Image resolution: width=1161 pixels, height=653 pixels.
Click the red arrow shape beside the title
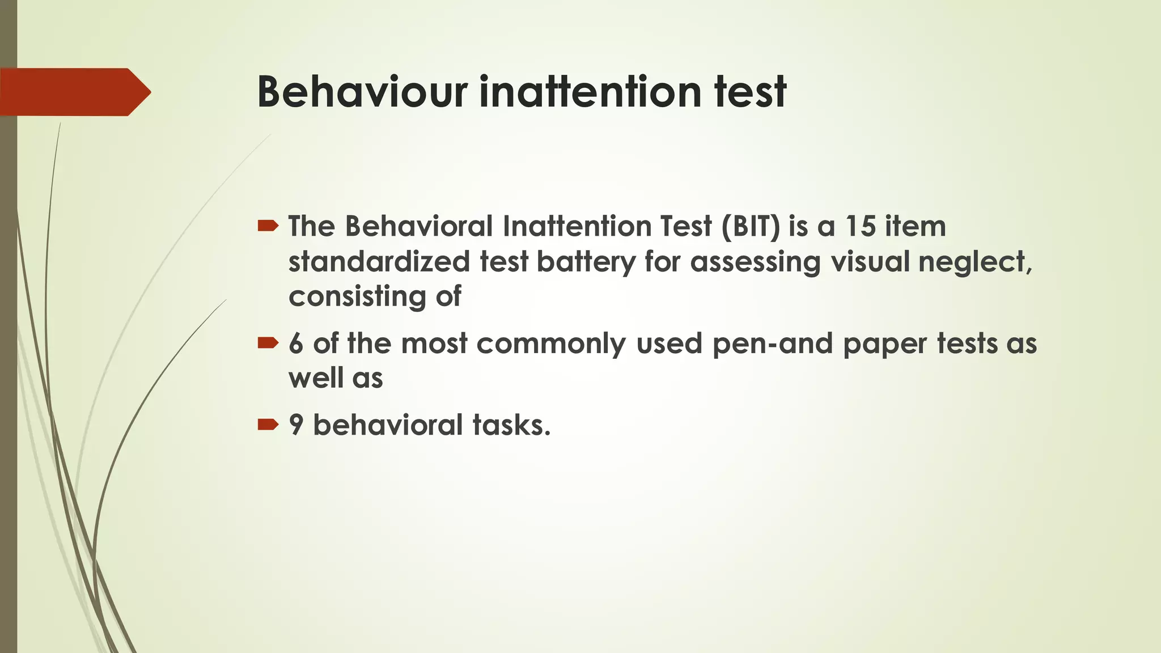click(74, 92)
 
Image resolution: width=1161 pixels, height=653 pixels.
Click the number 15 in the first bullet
click(860, 226)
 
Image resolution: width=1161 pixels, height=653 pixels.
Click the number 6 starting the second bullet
click(295, 344)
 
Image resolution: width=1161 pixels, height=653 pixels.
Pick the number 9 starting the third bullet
click(295, 425)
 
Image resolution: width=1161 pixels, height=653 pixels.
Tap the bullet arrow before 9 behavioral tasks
click(268, 424)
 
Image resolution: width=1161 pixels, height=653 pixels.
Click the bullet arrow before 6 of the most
click(268, 342)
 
